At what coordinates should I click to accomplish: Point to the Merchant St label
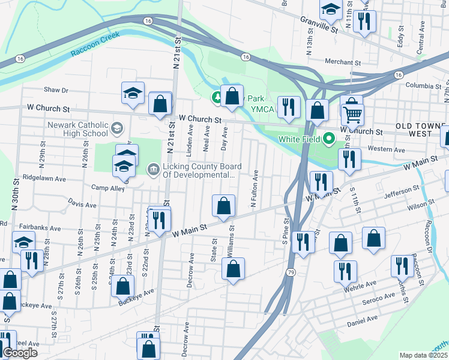(x=342, y=62)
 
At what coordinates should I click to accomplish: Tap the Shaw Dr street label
(x=56, y=90)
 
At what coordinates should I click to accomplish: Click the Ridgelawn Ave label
(x=43, y=178)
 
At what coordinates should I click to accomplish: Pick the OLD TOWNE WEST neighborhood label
(x=420, y=131)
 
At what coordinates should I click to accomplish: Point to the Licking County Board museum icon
(x=153, y=170)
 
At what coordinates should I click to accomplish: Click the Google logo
(x=20, y=353)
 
